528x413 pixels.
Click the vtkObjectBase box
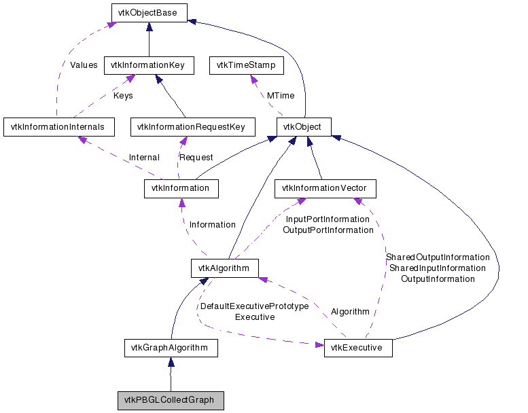tap(149, 13)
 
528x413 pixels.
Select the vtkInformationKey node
tap(149, 65)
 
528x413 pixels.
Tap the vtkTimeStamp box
tap(247, 65)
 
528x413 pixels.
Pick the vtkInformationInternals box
tap(59, 127)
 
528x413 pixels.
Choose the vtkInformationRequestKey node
tap(192, 127)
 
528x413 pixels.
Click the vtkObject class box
tap(304, 127)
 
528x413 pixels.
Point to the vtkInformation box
tap(181, 188)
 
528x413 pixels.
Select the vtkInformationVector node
tap(325, 188)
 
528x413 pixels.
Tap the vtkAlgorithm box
tap(225, 268)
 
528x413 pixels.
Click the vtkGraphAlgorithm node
tap(171, 348)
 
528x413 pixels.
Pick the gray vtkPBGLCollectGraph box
tap(171, 401)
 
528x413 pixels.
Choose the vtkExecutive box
tap(358, 348)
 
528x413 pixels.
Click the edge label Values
tap(84, 65)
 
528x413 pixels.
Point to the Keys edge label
tap(123, 96)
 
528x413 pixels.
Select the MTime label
tap(281, 96)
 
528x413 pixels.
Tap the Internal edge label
tap(144, 158)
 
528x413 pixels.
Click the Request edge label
tap(196, 158)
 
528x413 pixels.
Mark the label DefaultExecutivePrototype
tap(255, 306)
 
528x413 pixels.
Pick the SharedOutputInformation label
tap(438, 257)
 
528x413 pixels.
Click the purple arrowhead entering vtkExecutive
tap(319, 344)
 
